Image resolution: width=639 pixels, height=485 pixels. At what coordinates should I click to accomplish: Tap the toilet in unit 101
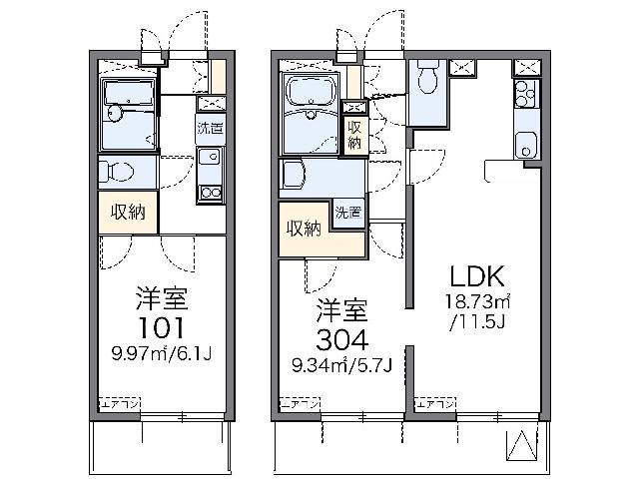(x=112, y=171)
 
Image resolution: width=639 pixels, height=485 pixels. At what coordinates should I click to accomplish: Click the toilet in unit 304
(x=426, y=77)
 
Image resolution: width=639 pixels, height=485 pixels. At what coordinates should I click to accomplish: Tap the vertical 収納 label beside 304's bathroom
(x=353, y=134)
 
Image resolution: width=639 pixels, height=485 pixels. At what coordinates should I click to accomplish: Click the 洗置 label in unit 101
(x=209, y=129)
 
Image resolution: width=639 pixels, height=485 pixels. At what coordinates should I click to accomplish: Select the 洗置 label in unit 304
(x=348, y=213)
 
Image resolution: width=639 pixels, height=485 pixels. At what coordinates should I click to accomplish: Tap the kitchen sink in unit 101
(x=210, y=158)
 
